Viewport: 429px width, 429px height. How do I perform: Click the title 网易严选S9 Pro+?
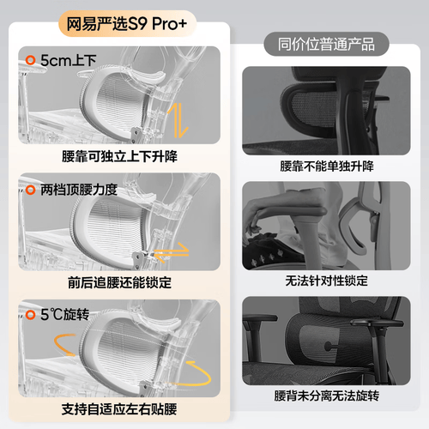[x=127, y=24]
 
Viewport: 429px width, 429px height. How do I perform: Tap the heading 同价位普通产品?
[x=326, y=45]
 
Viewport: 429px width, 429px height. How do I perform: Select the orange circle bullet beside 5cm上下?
[x=30, y=60]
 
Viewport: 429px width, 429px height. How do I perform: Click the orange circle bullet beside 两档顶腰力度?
[x=30, y=190]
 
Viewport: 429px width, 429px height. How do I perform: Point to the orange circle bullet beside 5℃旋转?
[x=30, y=315]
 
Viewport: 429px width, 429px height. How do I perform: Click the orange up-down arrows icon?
[x=178, y=120]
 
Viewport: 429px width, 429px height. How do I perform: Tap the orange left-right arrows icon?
[x=172, y=252]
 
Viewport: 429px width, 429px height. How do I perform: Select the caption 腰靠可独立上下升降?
[x=119, y=156]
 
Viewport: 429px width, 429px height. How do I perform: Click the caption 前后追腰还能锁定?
[x=119, y=282]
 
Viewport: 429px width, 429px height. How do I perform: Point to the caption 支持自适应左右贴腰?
[x=119, y=409]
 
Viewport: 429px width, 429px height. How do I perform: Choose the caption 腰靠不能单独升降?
[x=327, y=166]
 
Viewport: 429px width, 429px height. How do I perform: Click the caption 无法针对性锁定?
[x=327, y=281]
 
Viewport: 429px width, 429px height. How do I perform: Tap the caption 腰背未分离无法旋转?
[x=327, y=396]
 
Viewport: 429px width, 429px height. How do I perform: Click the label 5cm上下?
[x=68, y=60]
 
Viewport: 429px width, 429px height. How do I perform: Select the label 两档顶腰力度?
[x=79, y=190]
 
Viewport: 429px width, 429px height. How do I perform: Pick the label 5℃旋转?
[x=64, y=315]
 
